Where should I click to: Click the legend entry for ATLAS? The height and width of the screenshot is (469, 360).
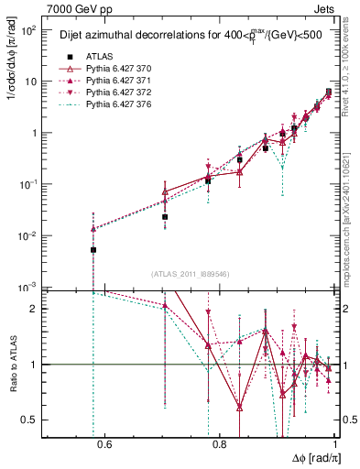pos(93,56)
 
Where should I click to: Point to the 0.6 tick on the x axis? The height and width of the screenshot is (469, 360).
pos(104,446)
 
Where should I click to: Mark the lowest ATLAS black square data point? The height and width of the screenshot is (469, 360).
pos(93,249)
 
